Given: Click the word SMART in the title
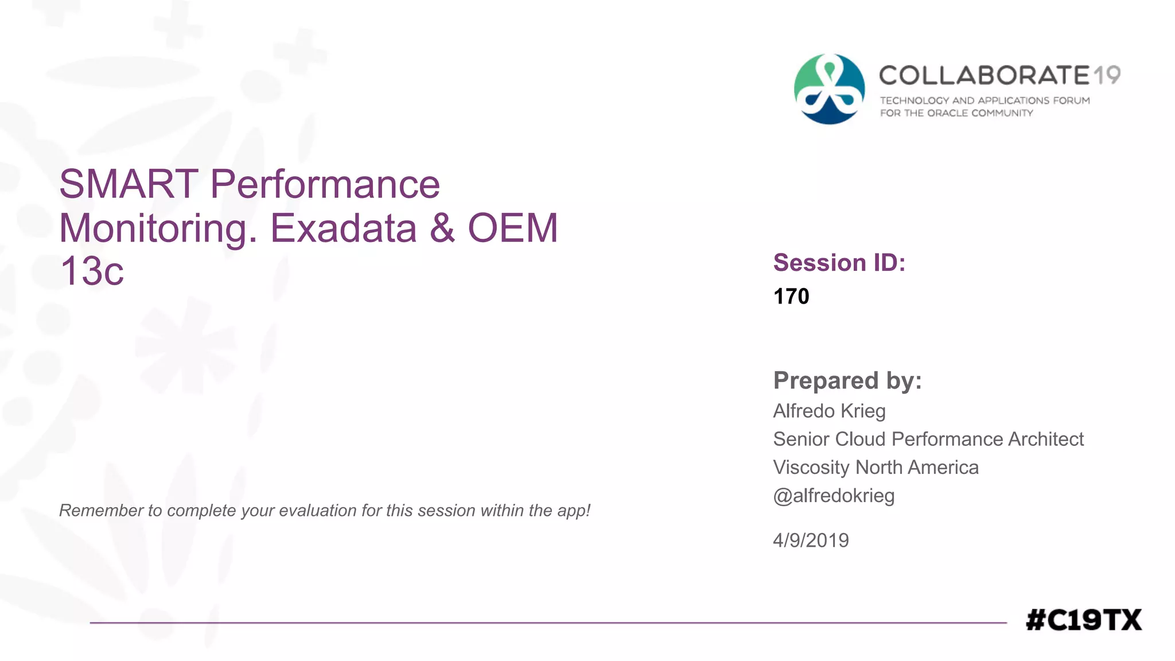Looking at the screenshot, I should [129, 185].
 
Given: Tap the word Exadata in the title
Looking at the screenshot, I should [343, 228].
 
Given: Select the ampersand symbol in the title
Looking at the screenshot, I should [442, 228].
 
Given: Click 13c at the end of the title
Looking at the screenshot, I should [92, 271].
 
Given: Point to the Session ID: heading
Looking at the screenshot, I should [839, 263].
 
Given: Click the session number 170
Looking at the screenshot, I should [791, 297].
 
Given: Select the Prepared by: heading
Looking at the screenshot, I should [847, 381].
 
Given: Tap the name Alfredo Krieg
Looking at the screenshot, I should [829, 411].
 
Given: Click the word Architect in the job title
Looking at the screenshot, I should [1045, 440].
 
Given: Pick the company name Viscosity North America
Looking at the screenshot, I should [876, 468].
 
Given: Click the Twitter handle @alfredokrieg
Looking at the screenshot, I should [834, 496].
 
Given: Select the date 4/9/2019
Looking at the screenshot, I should [811, 541].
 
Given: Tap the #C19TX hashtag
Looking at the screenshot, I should [1083, 620].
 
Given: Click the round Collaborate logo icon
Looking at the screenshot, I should [829, 89].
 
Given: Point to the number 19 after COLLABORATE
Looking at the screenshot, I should [1107, 75].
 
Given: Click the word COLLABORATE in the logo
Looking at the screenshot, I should [984, 75].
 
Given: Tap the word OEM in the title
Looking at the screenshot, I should [513, 228].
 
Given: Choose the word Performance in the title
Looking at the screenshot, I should [325, 185].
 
